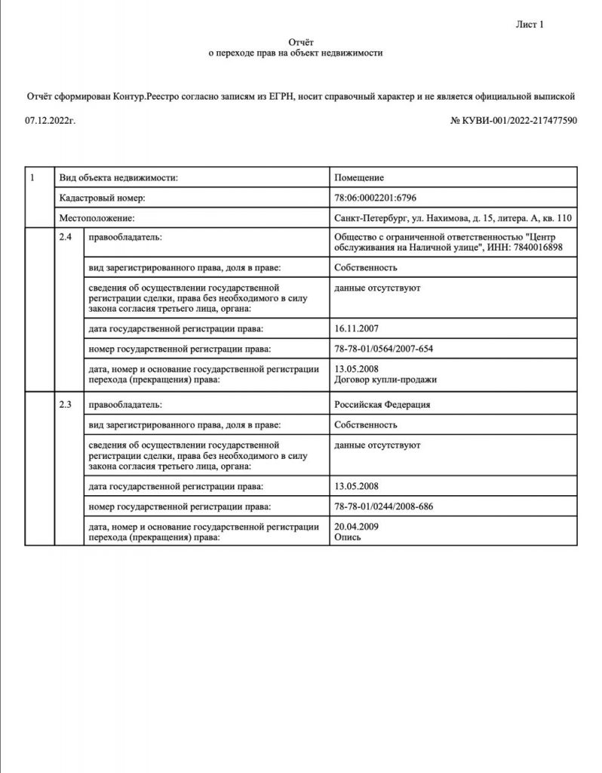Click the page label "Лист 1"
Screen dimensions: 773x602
(530, 25)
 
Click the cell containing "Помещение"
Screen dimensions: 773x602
(359, 178)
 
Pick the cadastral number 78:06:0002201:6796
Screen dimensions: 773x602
(376, 199)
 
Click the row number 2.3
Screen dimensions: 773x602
(66, 405)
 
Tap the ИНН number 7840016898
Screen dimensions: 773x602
(539, 249)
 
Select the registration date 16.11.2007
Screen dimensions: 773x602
(355, 328)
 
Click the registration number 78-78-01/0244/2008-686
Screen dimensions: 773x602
(384, 505)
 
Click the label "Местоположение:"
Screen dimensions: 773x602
(97, 219)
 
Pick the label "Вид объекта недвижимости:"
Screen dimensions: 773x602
(118, 178)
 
